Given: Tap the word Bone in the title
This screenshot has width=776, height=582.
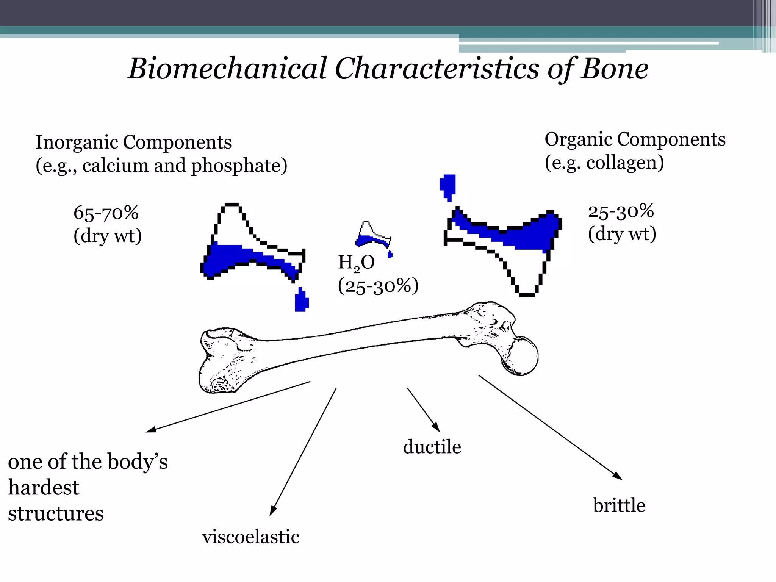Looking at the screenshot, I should point(615,69).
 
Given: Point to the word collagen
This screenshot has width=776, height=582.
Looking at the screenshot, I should point(625,163).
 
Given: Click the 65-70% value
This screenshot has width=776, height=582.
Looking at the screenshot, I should point(106,213).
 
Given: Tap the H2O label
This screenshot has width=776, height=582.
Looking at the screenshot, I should point(356,262).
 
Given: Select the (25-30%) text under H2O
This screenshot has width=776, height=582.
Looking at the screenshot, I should point(378,286).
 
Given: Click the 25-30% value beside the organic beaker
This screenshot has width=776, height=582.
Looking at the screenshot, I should point(621,211).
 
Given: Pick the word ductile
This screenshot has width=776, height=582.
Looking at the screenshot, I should point(432,447).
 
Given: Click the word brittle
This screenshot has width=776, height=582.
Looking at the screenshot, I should point(619,505).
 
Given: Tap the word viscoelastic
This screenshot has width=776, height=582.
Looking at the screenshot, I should point(251,537).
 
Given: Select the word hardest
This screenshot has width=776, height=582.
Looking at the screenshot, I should point(44,488).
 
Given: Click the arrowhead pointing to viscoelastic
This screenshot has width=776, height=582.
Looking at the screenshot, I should point(272,511).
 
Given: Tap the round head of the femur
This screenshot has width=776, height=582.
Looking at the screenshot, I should point(522,355).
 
